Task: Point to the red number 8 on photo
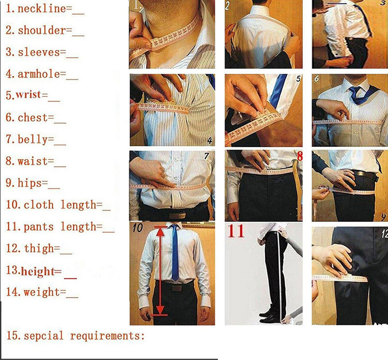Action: (x=299, y=157)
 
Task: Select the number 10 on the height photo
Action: (x=138, y=229)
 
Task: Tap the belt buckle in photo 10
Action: (x=177, y=287)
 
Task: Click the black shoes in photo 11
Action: (x=269, y=316)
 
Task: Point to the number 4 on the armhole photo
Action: (x=210, y=141)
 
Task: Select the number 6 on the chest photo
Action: (x=316, y=79)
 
